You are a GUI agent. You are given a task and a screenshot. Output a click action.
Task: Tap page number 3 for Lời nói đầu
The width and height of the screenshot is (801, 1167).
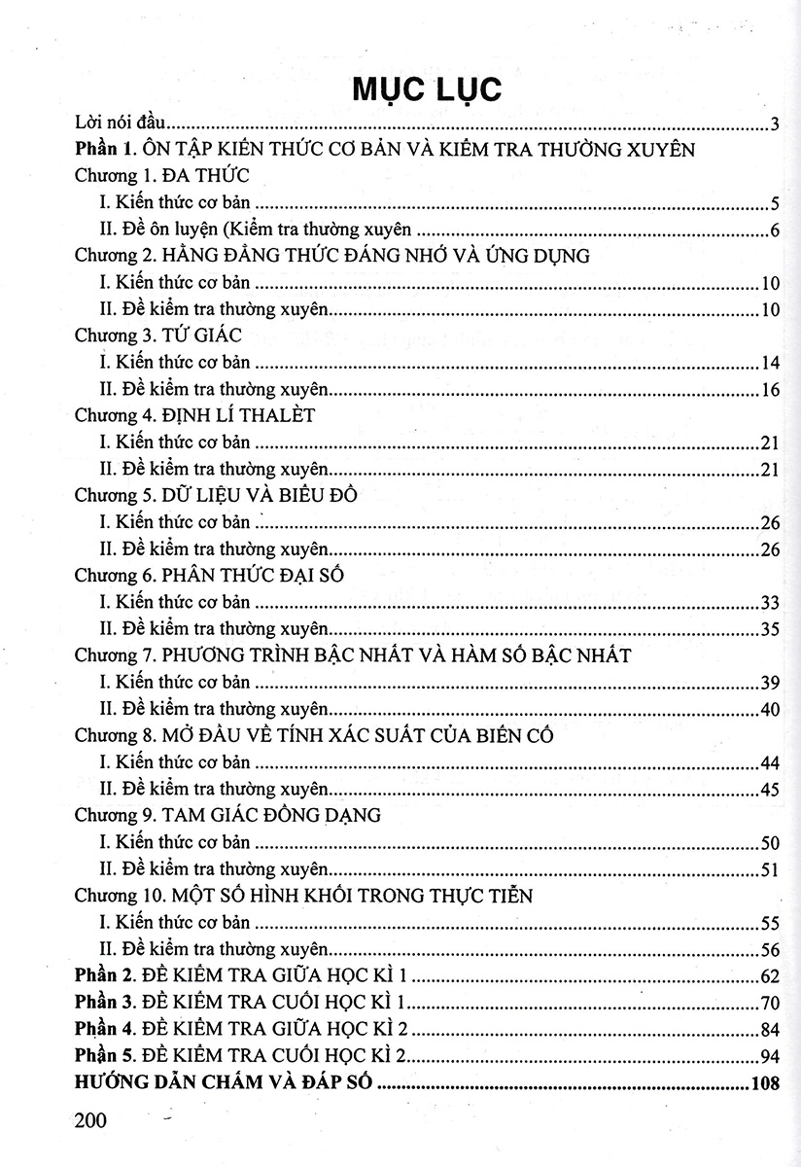pyautogui.click(x=775, y=124)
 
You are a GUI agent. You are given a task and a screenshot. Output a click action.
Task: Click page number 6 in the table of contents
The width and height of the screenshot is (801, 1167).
pyautogui.click(x=775, y=230)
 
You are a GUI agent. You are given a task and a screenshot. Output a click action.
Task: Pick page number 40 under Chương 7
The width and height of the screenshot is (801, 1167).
pyautogui.click(x=771, y=709)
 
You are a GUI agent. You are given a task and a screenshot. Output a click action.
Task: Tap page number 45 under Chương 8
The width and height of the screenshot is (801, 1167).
pyautogui.click(x=771, y=789)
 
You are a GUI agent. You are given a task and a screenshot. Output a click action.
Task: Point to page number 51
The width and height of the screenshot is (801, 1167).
pyautogui.click(x=771, y=868)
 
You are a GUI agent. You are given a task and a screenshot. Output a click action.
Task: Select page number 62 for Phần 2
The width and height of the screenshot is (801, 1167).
pyautogui.click(x=771, y=975)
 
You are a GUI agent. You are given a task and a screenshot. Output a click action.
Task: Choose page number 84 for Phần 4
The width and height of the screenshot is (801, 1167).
pyautogui.click(x=771, y=1030)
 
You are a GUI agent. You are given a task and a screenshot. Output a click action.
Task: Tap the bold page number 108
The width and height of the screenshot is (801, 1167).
pyautogui.click(x=766, y=1083)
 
